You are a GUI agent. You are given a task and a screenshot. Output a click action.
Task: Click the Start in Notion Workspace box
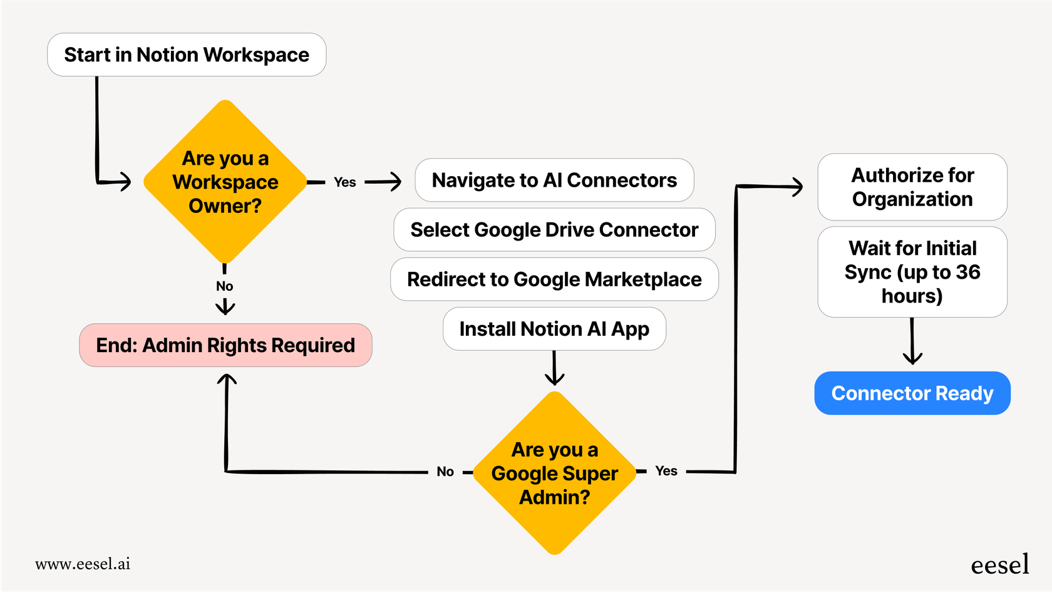coord(187,55)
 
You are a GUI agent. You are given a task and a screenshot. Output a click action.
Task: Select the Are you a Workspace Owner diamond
coord(225,182)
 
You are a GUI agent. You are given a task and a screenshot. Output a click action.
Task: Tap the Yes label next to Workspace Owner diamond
coord(344,182)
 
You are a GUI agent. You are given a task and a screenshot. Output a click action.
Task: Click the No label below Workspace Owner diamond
coord(224,286)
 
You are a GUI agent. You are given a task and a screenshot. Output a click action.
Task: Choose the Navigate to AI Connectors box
coord(554,180)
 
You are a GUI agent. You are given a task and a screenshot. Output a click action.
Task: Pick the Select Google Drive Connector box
coord(554,230)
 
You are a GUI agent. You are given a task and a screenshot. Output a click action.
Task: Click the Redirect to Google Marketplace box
coord(554,279)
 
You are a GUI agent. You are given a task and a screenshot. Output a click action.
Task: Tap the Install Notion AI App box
coord(554,329)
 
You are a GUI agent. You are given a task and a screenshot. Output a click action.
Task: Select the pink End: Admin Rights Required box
coord(225,345)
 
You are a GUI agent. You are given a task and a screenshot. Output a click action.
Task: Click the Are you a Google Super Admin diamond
coord(554,473)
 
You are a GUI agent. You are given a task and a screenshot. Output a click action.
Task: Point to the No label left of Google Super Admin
coord(445,472)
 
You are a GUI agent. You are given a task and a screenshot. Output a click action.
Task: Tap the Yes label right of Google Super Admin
coord(666,471)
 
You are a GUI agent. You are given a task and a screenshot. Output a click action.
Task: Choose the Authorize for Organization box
coord(912,187)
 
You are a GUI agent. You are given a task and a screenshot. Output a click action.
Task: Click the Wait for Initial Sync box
coord(912,272)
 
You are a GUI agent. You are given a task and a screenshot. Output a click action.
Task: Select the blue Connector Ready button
coord(912,393)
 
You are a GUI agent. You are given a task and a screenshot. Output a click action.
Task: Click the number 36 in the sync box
coord(967,272)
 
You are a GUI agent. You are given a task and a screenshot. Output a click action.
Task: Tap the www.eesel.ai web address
coord(83,564)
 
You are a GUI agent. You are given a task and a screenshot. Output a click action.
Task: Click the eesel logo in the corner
coord(999,565)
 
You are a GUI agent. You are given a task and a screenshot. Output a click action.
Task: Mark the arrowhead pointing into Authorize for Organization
coord(798,186)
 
